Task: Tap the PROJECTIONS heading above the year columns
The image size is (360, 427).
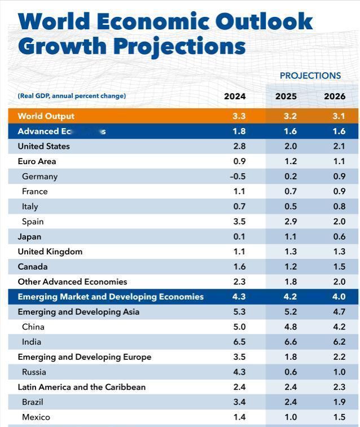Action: [310, 76]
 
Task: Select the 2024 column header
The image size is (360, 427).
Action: [235, 96]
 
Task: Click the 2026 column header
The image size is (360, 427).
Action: [335, 96]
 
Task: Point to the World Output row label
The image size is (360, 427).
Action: [46, 116]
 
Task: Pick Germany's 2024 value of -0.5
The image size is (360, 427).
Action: [238, 177]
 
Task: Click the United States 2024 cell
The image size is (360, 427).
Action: [239, 146]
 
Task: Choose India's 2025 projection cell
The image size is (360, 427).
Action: [286, 342]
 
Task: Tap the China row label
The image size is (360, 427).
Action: [33, 327]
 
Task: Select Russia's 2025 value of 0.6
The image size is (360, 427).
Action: [286, 372]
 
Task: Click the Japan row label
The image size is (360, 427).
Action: [29, 237]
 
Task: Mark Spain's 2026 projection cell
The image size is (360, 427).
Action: [339, 222]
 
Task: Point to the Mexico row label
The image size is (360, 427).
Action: [36, 417]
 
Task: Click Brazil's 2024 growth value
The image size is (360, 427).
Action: [239, 402]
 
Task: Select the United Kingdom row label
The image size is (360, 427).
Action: [50, 252]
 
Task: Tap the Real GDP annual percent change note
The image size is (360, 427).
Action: [72, 96]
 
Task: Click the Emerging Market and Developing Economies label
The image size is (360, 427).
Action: [111, 297]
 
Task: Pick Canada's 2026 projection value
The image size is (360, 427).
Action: [339, 267]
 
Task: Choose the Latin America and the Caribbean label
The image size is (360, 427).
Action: [82, 387]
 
